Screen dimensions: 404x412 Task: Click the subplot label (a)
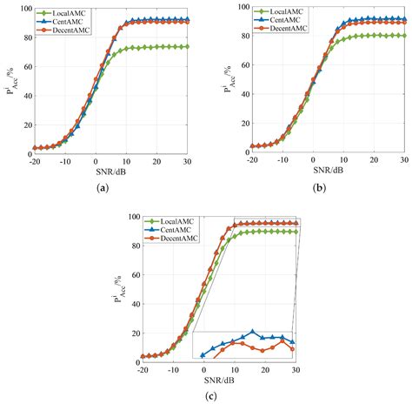(103, 187)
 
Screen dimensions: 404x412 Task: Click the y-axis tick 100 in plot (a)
(24, 9)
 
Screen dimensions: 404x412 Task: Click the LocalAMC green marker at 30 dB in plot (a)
(188, 47)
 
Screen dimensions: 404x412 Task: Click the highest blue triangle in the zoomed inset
(252, 332)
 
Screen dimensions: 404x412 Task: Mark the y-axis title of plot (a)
(10, 80)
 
